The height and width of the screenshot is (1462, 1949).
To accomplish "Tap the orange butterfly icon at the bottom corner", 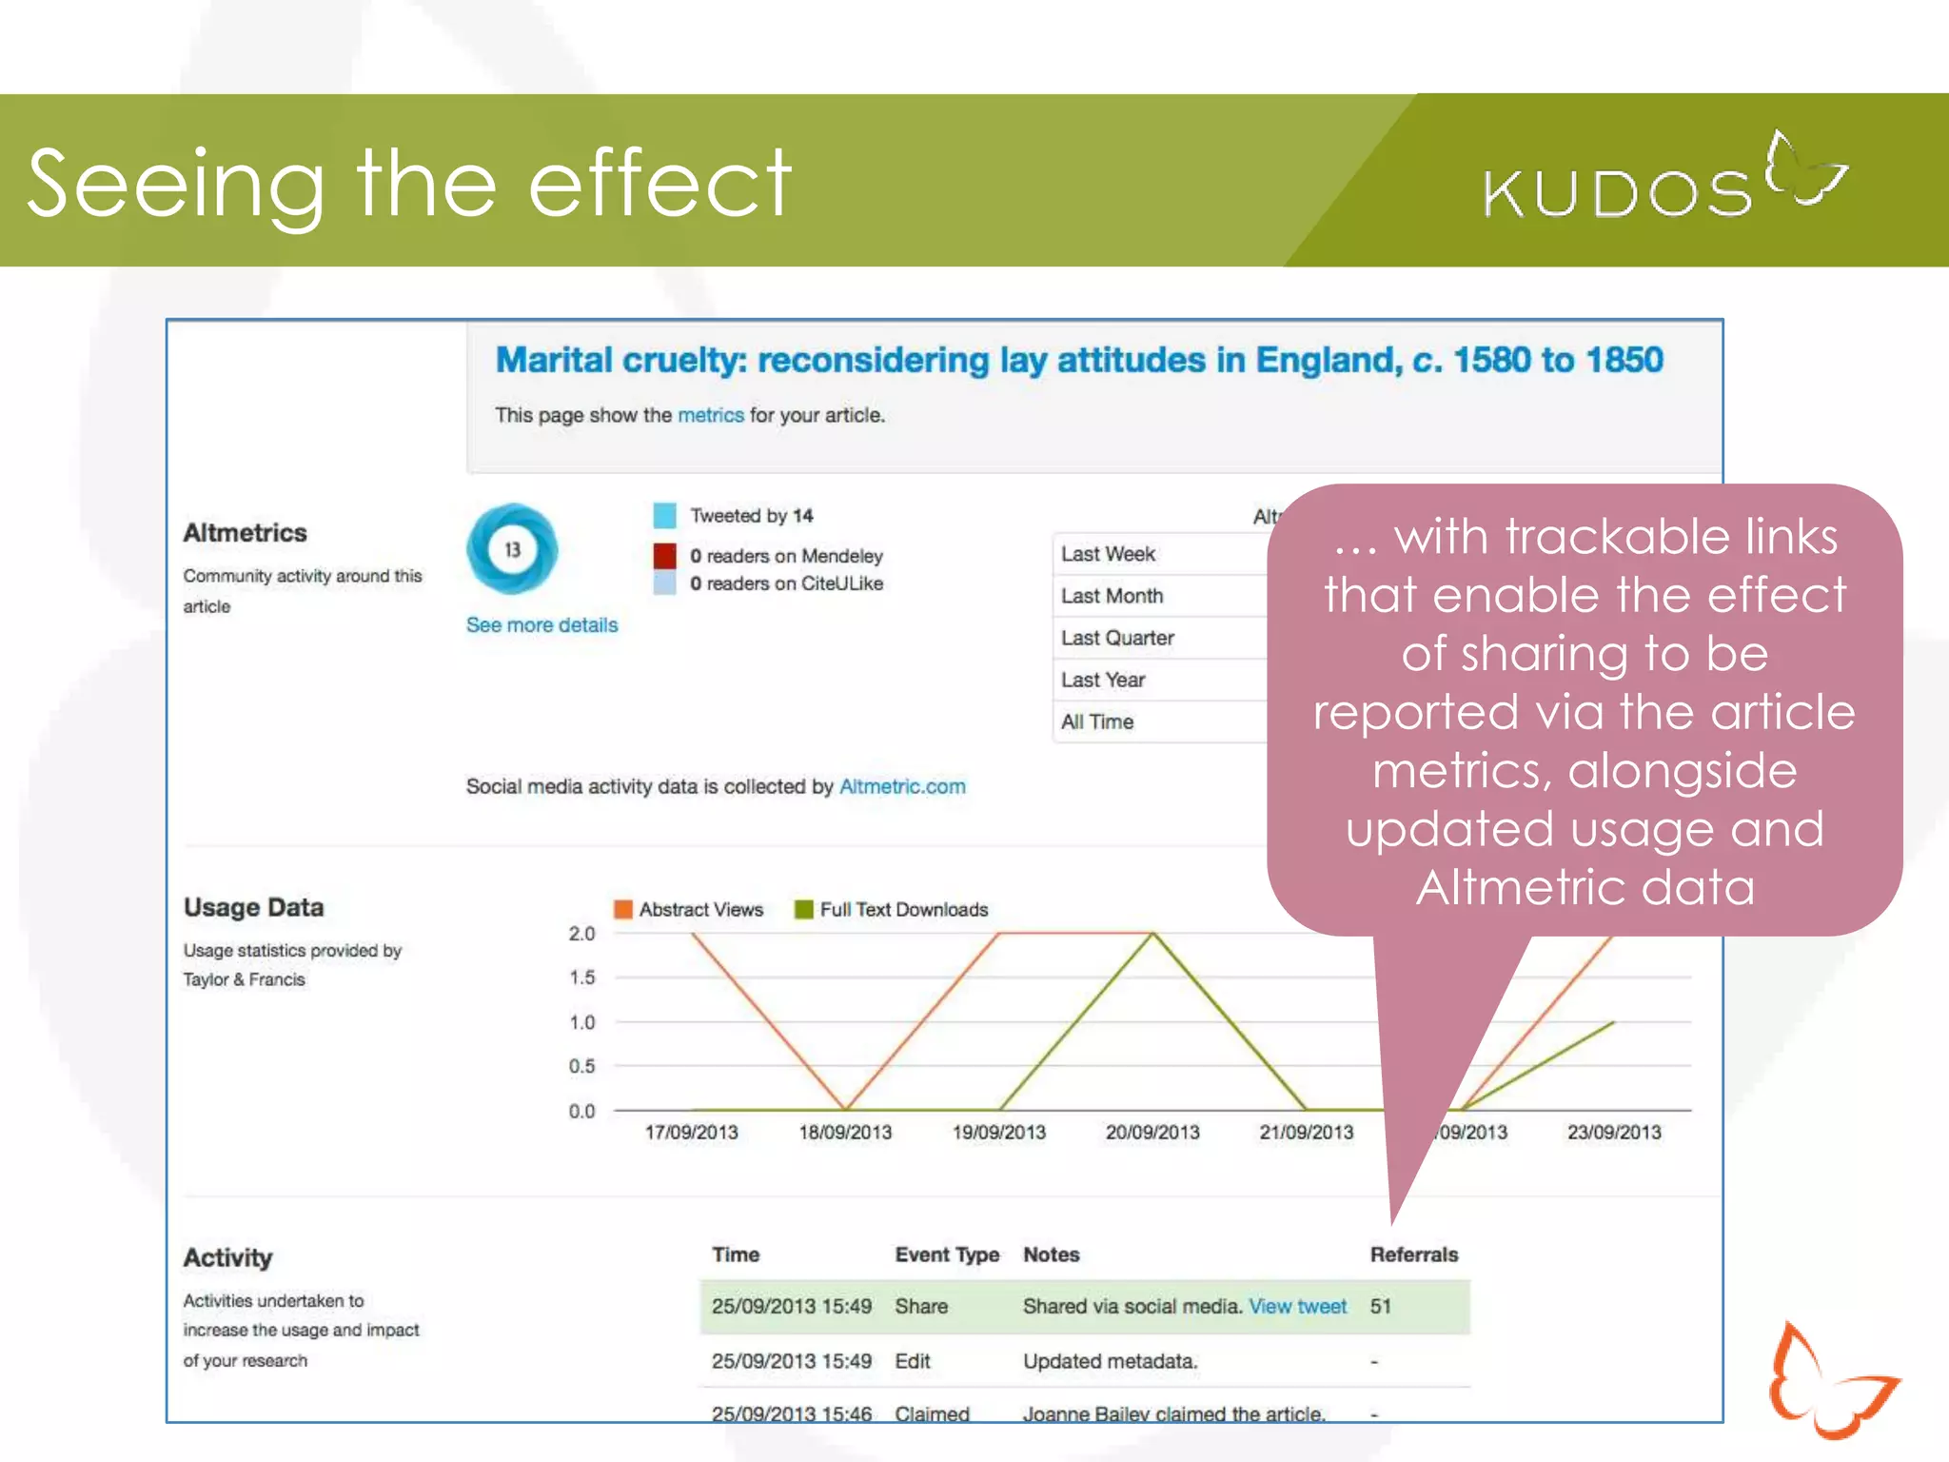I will coord(1827,1380).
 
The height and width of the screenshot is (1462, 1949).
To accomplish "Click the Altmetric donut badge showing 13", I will coord(512,549).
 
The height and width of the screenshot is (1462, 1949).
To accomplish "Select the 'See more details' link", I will coord(541,625).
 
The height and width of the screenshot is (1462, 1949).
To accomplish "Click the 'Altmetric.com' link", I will coord(902,787).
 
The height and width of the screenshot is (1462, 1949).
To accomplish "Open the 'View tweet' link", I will coord(1297,1307).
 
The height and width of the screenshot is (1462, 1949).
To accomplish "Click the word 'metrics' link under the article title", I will coord(710,416).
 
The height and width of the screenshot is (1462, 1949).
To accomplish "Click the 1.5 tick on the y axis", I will coord(581,978).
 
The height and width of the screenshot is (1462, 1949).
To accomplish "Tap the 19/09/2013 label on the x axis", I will coord(998,1133).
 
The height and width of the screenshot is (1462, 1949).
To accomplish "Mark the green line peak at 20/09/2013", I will coord(1153,934).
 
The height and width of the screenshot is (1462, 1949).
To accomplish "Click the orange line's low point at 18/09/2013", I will coord(845,1109).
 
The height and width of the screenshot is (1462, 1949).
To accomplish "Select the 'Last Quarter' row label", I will coord(1117,639).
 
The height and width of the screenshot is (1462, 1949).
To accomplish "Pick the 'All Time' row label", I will coord(1097,722).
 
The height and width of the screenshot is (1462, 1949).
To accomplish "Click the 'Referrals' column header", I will coord(1413,1255).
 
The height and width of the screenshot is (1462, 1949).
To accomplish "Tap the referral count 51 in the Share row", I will coord(1380,1307).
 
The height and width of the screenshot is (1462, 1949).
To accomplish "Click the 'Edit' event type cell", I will coord(912,1362).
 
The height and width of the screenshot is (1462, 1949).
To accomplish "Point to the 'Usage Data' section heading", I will coord(253,908).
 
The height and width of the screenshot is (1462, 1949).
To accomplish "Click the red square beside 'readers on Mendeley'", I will coord(664,556).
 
